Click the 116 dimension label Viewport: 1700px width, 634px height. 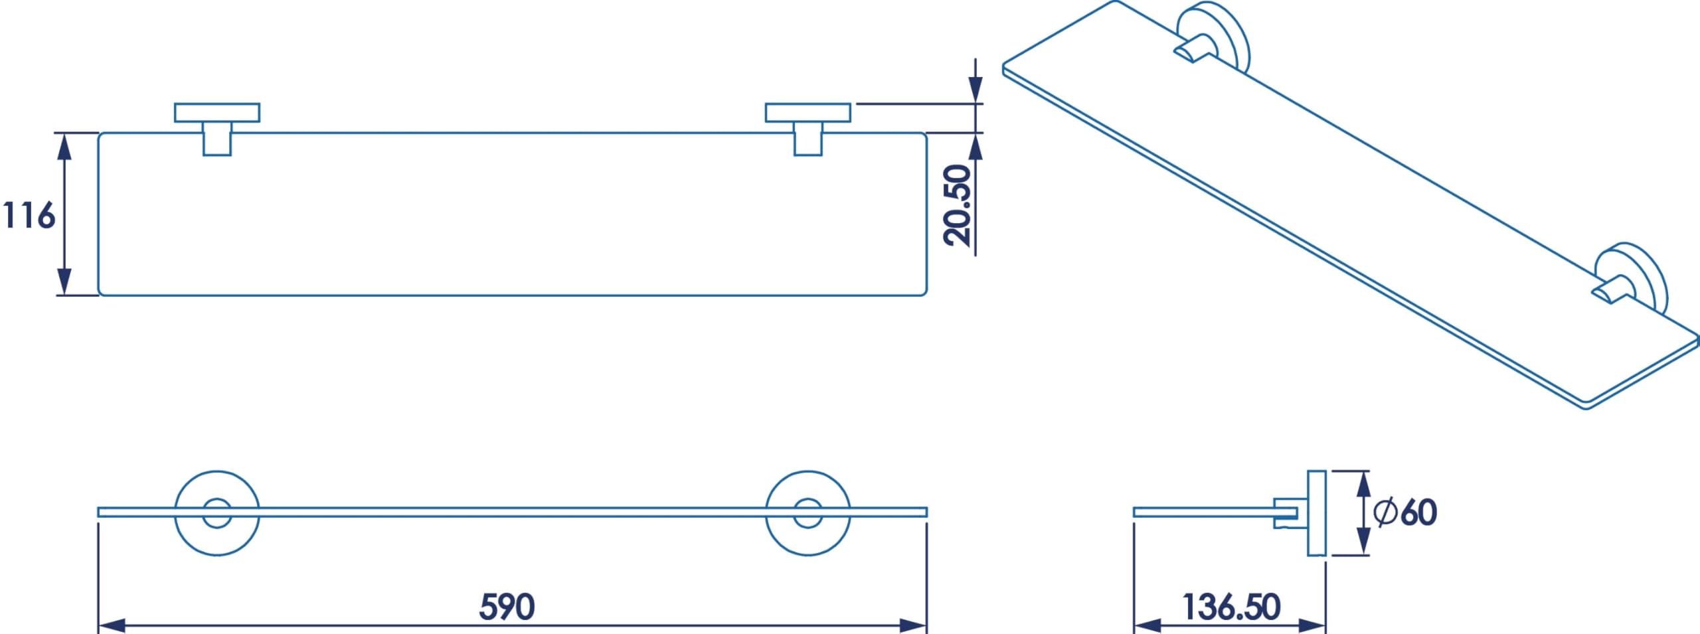29,216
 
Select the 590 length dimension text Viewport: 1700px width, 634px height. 507,607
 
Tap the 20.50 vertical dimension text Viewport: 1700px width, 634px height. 958,205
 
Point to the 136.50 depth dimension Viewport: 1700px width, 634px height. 1231,607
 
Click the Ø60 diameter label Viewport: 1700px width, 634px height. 1405,512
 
